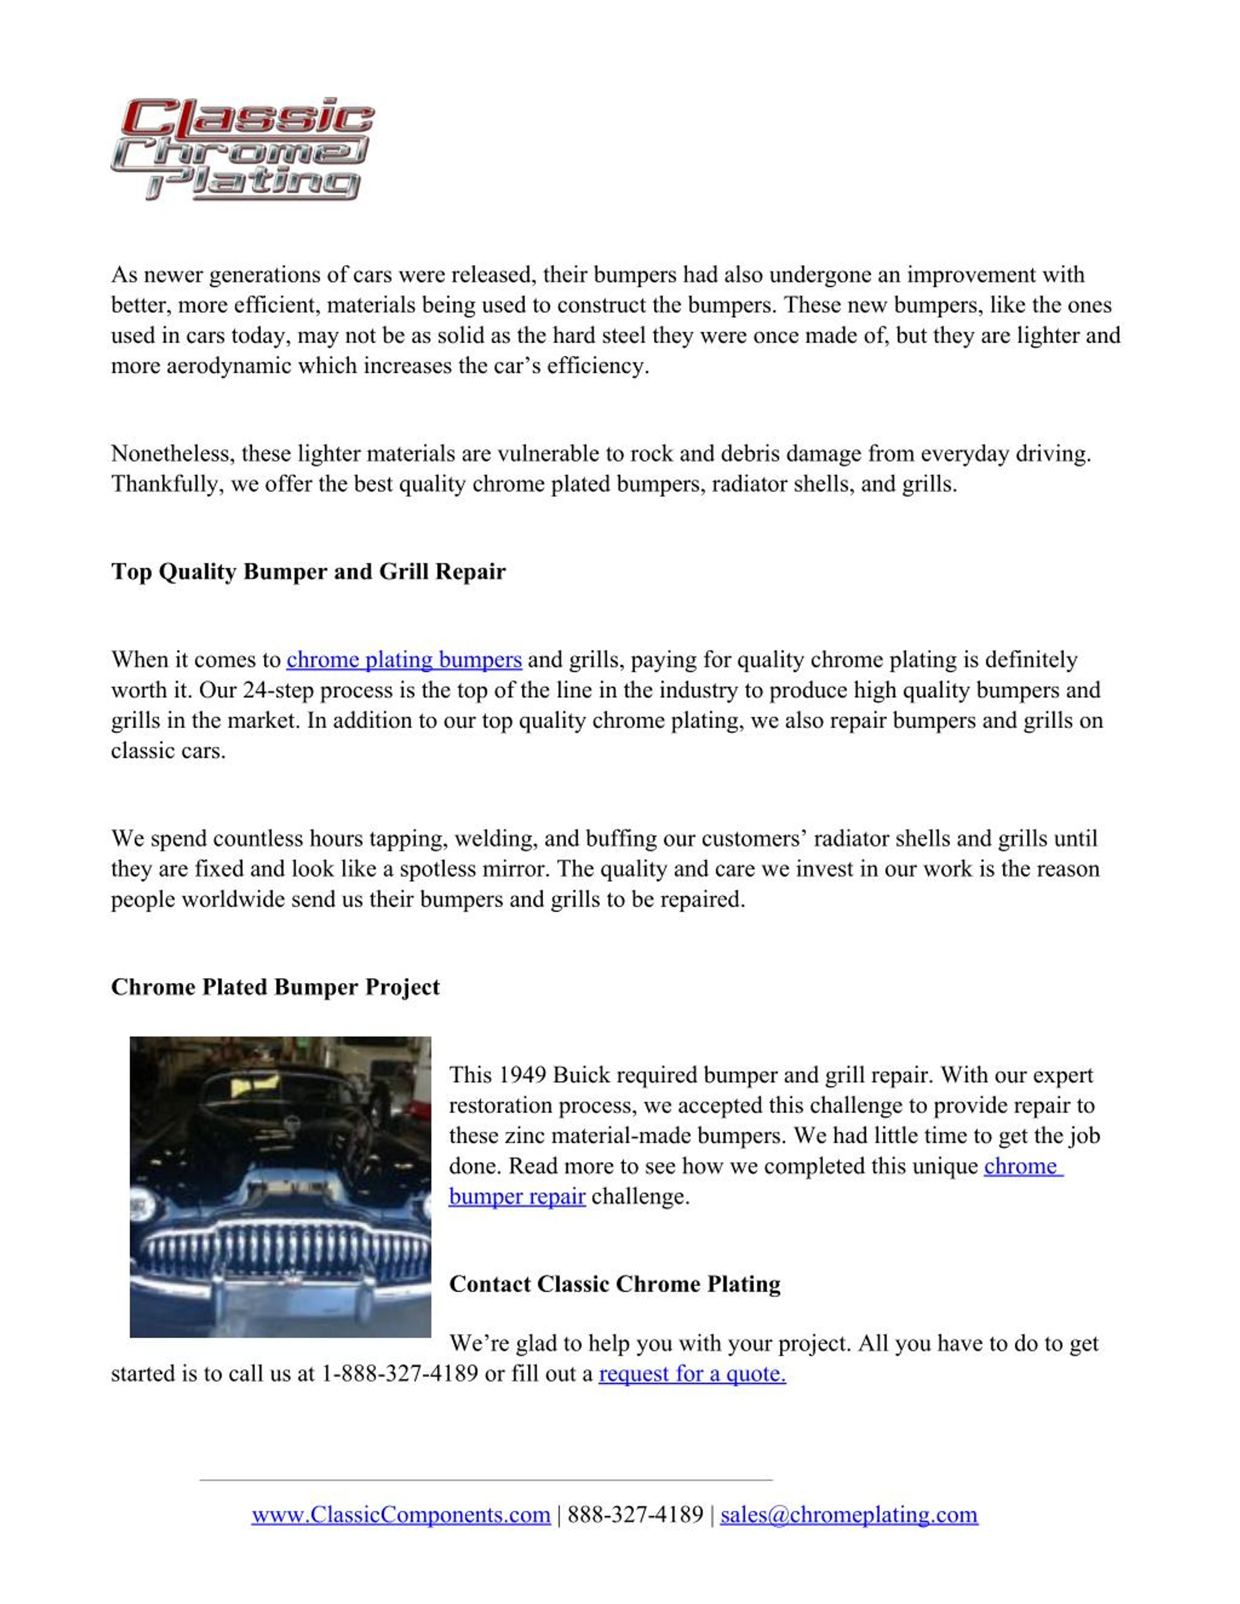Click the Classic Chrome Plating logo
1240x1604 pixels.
242,148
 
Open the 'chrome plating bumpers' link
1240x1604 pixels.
404,659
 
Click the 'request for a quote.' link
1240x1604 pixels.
692,1374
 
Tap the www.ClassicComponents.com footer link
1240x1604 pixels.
401,1514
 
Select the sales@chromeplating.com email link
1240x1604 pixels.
849,1514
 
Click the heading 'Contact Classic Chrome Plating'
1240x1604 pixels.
615,1284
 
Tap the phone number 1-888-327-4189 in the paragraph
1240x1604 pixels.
400,1374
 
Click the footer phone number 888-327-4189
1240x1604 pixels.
635,1514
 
